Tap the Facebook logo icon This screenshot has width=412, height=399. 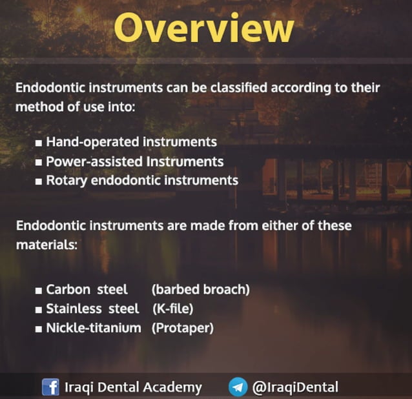click(x=50, y=387)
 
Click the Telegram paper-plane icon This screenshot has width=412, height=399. click(x=238, y=387)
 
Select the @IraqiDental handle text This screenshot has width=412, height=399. click(x=294, y=387)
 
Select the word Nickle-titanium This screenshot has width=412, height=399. click(x=94, y=328)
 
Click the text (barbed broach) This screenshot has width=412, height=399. click(x=200, y=289)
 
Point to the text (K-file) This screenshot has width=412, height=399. click(x=172, y=309)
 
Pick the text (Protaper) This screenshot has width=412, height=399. click(x=182, y=328)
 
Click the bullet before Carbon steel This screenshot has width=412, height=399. click(x=39, y=290)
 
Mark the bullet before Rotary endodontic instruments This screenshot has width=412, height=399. click(x=39, y=181)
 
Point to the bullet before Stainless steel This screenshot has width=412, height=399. click(x=39, y=309)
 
